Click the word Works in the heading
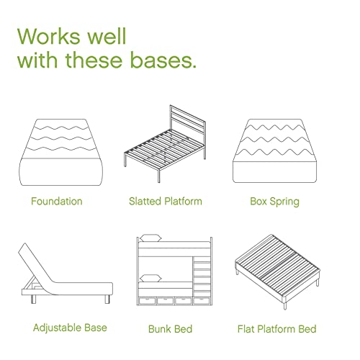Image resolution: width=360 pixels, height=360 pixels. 49,36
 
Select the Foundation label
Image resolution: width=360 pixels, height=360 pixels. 57,201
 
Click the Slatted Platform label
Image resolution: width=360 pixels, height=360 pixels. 166,201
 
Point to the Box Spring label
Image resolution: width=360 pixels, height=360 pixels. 274,202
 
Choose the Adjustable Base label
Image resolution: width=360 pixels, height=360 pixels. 70,328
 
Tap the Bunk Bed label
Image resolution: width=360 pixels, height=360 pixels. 170,329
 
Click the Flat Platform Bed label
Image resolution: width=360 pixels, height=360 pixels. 276,329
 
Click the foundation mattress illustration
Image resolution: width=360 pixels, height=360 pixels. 60,152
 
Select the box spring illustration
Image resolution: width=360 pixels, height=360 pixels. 274,150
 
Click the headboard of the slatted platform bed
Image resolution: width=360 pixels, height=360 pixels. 187,121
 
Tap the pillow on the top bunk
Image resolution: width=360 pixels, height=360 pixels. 150,238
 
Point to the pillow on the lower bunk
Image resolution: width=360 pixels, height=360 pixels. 150,278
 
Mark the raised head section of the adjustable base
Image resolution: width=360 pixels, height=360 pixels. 36,264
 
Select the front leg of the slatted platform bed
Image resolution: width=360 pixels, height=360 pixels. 158,176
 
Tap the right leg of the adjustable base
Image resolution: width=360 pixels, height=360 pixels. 107,300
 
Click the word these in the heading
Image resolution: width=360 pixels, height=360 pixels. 94,60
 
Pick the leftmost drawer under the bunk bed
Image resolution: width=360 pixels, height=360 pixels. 147,301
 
